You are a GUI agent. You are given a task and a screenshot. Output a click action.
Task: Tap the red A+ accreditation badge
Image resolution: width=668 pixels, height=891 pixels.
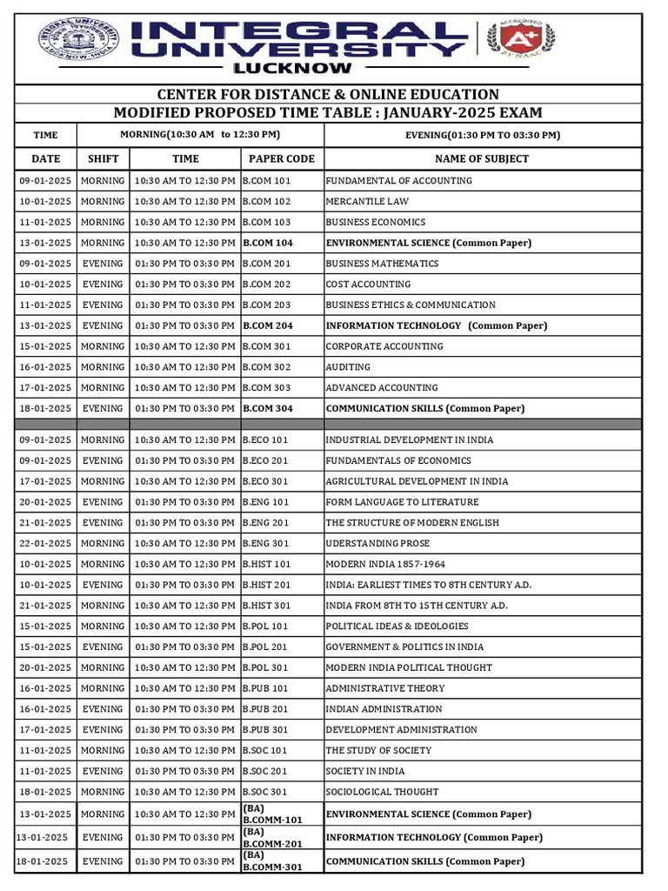[523, 37]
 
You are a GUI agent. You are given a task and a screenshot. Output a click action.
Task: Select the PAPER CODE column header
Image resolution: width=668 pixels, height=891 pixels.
[282, 158]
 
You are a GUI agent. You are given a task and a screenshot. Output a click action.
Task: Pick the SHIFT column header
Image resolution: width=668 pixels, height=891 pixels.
[103, 158]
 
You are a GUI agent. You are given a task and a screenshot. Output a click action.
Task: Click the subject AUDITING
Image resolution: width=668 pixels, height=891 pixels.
[348, 367]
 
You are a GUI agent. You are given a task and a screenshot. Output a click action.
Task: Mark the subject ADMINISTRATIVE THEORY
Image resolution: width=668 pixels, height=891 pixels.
[384, 688]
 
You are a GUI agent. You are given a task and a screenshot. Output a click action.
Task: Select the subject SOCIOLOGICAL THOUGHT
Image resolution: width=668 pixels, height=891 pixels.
[382, 792]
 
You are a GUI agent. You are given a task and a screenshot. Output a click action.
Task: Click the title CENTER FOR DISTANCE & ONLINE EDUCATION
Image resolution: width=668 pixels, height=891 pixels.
[328, 94]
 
